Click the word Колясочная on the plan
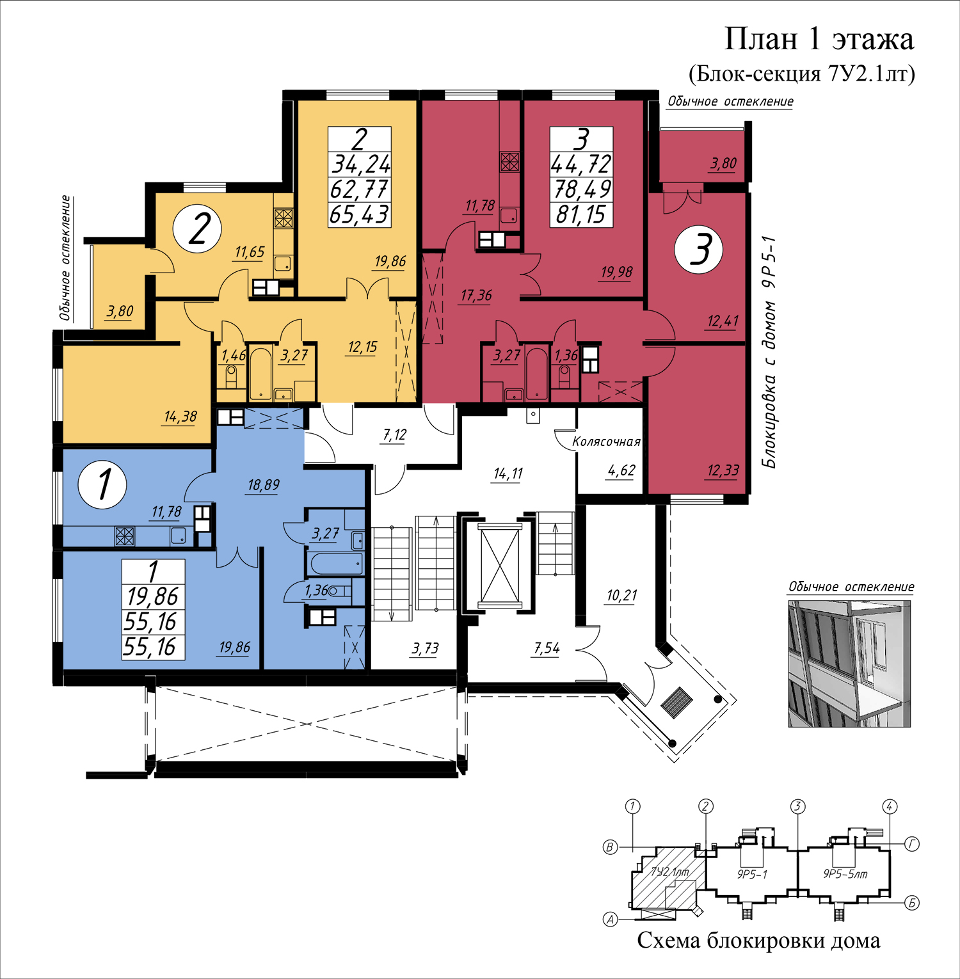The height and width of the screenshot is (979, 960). (x=606, y=442)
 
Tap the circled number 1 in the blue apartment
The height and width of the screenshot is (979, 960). (x=102, y=484)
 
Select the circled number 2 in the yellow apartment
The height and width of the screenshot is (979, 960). (x=198, y=228)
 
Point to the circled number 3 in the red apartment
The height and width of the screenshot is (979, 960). (x=699, y=250)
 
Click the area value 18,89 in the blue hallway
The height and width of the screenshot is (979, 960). (x=264, y=485)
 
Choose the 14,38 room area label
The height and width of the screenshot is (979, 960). (x=180, y=417)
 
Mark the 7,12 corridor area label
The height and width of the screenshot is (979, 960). (x=395, y=435)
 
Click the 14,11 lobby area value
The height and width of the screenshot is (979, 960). (x=508, y=474)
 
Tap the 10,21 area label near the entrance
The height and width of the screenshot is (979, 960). (x=621, y=596)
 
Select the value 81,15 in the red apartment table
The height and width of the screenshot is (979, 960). (x=581, y=214)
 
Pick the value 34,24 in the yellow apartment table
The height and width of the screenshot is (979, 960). (x=360, y=164)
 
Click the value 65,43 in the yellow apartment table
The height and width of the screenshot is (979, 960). (x=359, y=214)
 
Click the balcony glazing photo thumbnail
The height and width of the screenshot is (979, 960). (x=849, y=663)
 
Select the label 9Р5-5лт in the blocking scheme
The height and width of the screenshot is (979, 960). (x=845, y=874)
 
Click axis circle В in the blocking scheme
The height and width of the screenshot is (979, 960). (x=611, y=847)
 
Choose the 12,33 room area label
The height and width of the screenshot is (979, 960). (x=723, y=471)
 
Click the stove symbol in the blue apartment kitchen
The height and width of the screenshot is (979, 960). (x=125, y=536)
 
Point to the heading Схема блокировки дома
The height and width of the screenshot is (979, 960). (x=759, y=940)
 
